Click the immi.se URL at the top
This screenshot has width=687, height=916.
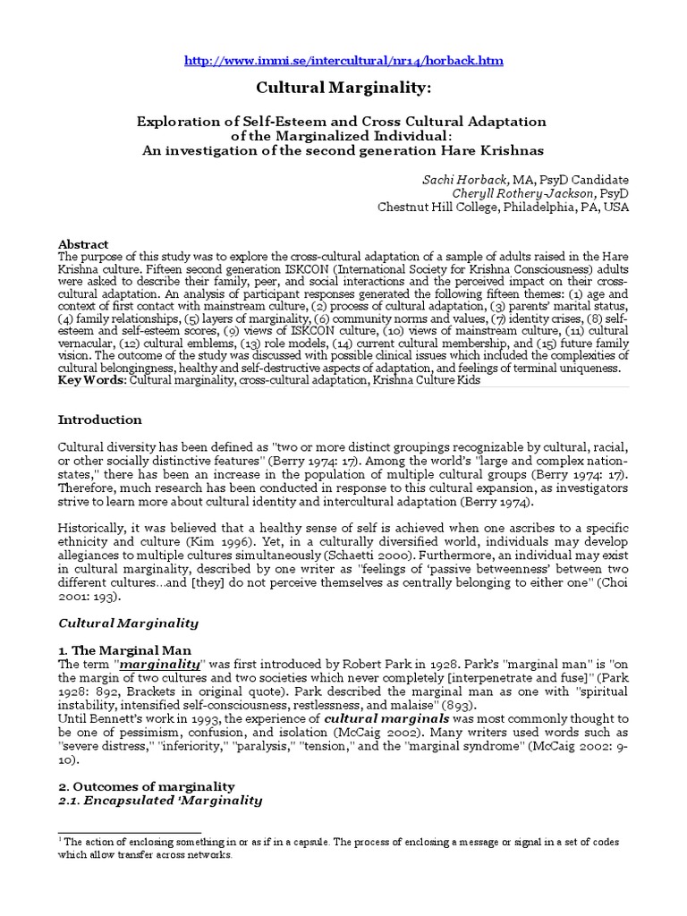(343, 61)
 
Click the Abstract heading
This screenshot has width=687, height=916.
(83, 244)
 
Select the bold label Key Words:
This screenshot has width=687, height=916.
(92, 380)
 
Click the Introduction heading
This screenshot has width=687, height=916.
(100, 419)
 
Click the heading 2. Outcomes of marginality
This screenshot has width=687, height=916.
(146, 786)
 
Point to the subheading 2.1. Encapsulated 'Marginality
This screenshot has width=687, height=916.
(160, 801)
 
